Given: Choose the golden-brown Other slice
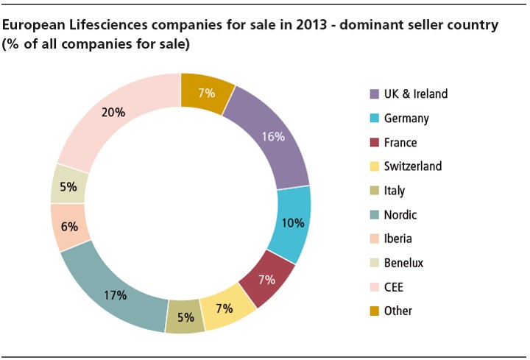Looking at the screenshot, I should (x=206, y=93).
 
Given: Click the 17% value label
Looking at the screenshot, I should (x=116, y=296).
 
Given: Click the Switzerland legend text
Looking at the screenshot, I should (x=413, y=166).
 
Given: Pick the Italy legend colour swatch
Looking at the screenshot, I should (x=375, y=191).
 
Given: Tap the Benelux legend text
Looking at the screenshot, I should (x=404, y=263).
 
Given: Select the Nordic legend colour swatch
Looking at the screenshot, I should (x=375, y=215).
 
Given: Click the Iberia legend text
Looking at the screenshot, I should (x=398, y=239).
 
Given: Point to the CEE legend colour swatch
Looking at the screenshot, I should (x=375, y=287).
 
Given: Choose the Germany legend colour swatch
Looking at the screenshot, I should (x=375, y=119).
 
